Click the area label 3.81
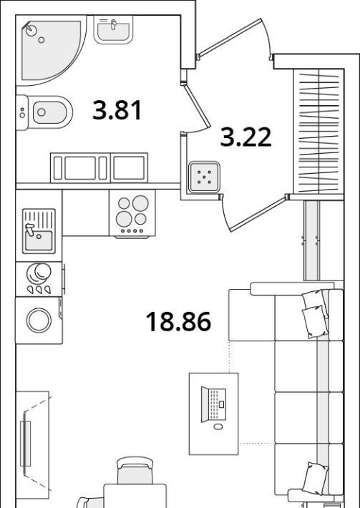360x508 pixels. pyautogui.click(x=117, y=110)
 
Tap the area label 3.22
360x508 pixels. pyautogui.click(x=245, y=137)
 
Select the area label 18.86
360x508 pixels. pyautogui.click(x=178, y=321)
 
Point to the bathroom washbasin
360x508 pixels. pyautogui.click(x=113, y=29)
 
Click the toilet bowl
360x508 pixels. pyautogui.click(x=44, y=112)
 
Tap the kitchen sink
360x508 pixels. pyautogui.click(x=39, y=230)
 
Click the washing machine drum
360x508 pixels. pyautogui.click(x=39, y=321)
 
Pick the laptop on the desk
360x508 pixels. pyautogui.click(x=213, y=404)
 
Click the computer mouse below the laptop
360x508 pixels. pyautogui.click(x=218, y=426)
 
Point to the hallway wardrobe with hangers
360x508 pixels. pyautogui.click(x=318, y=131)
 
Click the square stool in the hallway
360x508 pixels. pyautogui.click(x=205, y=177)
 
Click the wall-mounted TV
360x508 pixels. pyautogui.click(x=25, y=444)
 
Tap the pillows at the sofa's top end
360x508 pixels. pyautogui.click(x=315, y=313)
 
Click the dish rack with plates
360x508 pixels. pyautogui.click(x=39, y=278)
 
